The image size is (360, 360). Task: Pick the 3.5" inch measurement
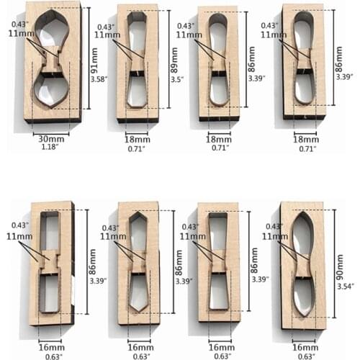[x=176, y=81]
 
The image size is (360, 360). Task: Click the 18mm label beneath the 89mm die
[x=137, y=139]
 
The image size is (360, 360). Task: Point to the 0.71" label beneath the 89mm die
[x=137, y=149]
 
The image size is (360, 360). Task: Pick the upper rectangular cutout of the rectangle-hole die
[x=50, y=232]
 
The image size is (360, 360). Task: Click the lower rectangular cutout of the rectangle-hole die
[x=50, y=294]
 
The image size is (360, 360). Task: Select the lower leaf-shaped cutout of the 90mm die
[x=303, y=295]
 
